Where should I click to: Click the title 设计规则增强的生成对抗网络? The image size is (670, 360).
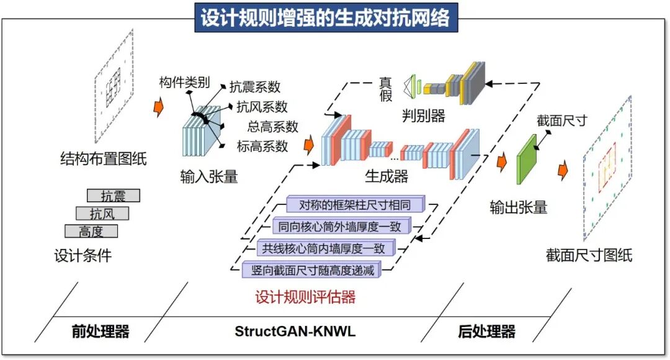tap(325, 18)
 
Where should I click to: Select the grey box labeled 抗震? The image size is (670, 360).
tap(113, 196)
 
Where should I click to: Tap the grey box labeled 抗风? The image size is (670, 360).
tap(102, 214)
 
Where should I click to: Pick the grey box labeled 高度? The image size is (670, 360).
tap(91, 232)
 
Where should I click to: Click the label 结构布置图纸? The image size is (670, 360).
tap(103, 158)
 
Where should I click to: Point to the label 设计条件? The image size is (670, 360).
tap(83, 255)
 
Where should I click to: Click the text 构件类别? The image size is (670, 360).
tap(185, 83)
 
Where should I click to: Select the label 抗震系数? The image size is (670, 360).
tap(255, 87)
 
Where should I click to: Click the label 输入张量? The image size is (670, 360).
tap(208, 177)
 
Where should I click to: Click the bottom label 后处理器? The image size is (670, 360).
tap(487, 331)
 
